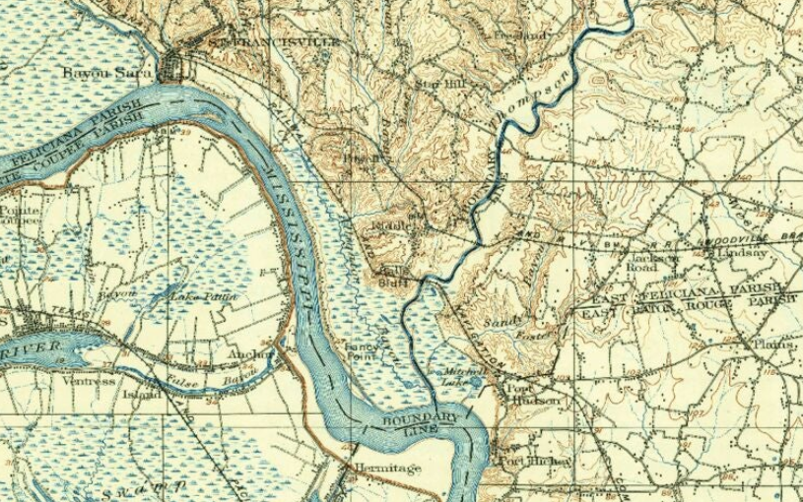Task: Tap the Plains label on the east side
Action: (x=772, y=344)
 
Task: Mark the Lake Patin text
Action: (x=196, y=296)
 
